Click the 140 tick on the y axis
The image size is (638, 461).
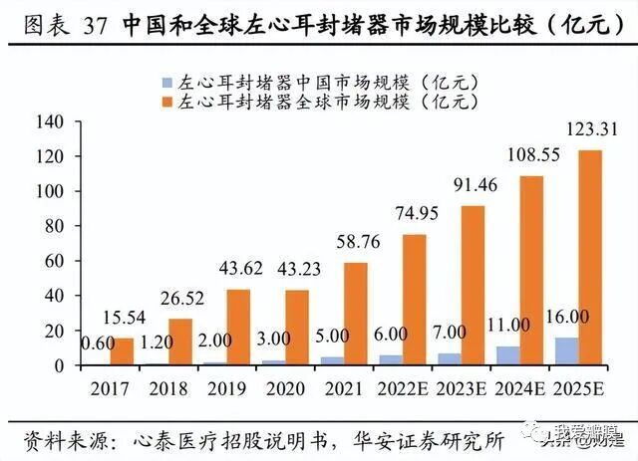(x=49, y=121)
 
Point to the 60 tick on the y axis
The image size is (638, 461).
(x=53, y=261)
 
